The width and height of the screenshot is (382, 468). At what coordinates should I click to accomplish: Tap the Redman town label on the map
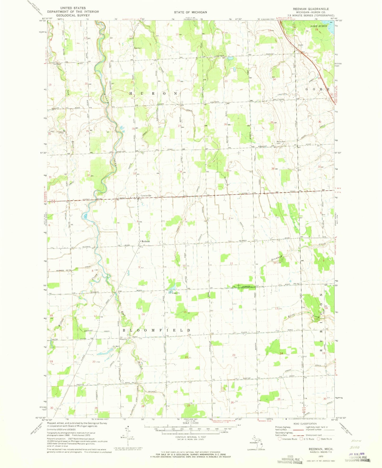[146, 241]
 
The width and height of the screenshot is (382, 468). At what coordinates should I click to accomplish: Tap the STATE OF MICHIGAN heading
[190, 12]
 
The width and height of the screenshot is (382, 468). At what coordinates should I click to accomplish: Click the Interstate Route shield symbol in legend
[279, 439]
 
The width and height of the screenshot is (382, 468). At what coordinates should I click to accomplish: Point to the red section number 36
[273, 169]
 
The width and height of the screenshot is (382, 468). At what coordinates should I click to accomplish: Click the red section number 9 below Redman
[139, 267]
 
